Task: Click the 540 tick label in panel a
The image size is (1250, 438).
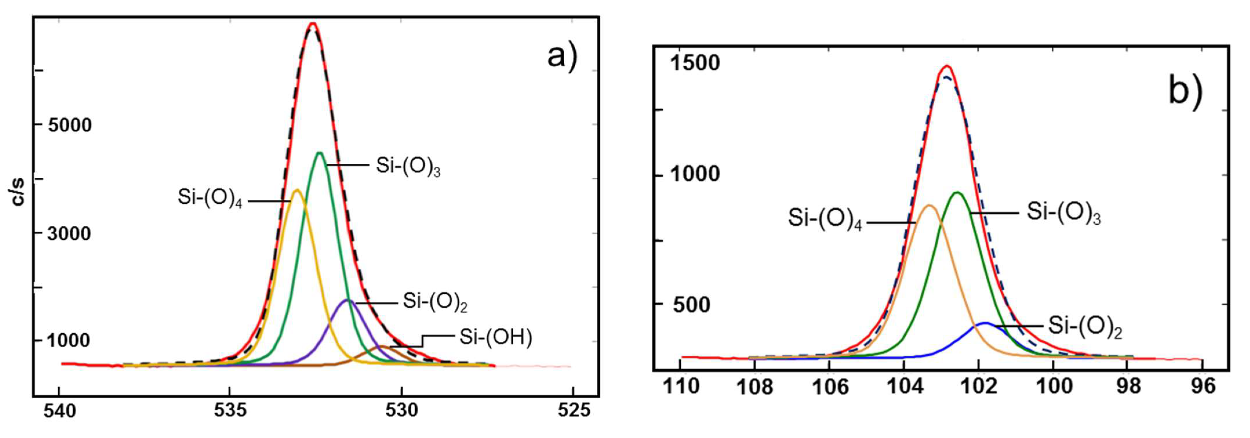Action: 60,411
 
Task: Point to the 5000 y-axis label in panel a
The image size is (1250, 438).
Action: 69,125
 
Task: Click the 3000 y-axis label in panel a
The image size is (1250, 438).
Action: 69,234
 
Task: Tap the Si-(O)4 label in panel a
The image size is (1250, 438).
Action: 210,198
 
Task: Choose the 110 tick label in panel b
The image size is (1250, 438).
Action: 681,386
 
